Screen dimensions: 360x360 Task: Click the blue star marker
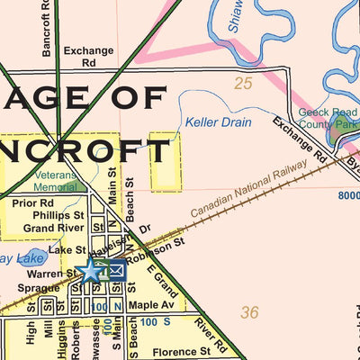[91, 270]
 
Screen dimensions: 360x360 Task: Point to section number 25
[242, 85]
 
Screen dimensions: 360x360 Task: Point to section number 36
[249, 312]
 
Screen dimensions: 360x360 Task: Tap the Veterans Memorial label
[55, 182]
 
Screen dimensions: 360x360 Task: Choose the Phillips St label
[58, 216]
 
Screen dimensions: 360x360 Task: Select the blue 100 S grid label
[155, 320]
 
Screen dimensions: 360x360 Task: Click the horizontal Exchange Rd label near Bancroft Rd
[89, 58]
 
